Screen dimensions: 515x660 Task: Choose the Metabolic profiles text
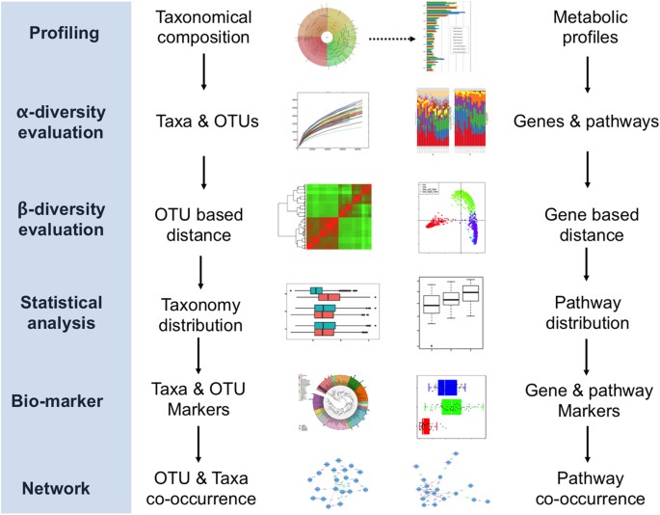pyautogui.click(x=587, y=32)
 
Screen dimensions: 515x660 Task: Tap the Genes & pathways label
pyautogui.click(x=587, y=123)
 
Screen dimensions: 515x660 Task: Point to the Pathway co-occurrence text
pyautogui.click(x=587, y=490)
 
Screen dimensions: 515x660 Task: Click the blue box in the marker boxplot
pyautogui.click(x=447, y=387)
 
